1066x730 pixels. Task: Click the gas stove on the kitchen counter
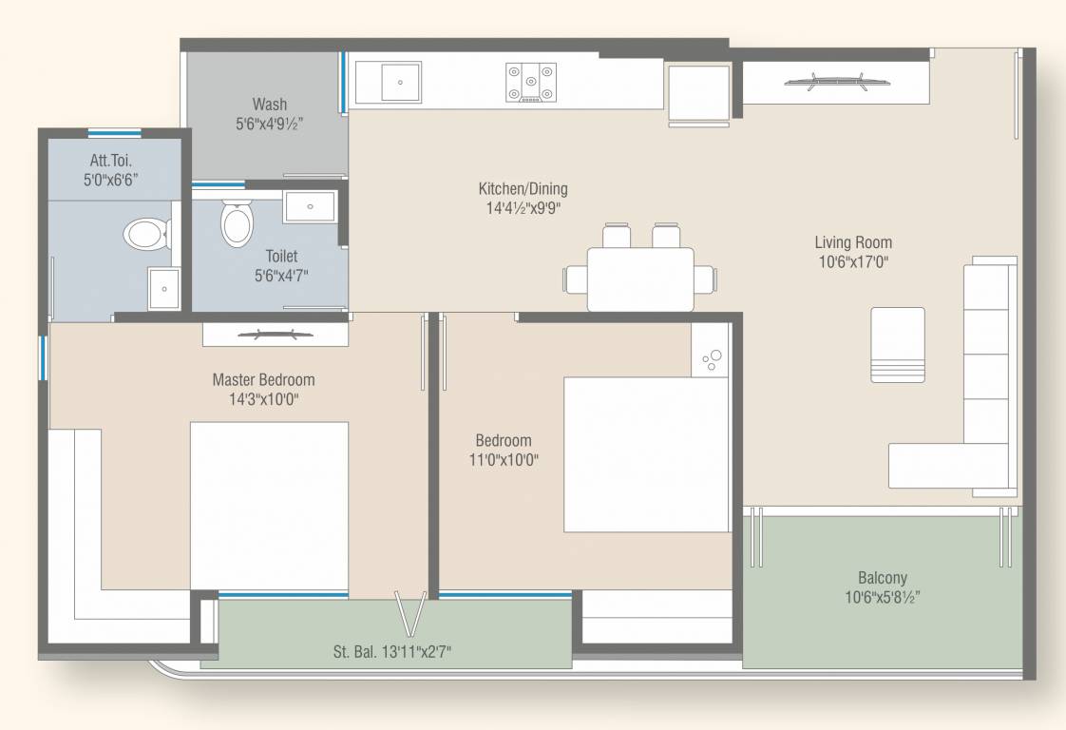(531, 83)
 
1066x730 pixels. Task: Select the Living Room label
(853, 242)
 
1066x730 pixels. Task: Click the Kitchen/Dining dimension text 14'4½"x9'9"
(523, 208)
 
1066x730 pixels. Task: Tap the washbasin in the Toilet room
(310, 207)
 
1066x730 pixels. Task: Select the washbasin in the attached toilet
(164, 288)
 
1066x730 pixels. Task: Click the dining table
(640, 279)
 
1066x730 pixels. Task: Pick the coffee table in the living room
(898, 345)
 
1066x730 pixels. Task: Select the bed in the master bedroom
(269, 507)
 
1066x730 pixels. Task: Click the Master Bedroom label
(264, 379)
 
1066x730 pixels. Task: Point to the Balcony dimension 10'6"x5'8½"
(883, 597)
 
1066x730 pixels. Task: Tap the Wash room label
(270, 105)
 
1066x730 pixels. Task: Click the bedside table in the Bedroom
(711, 351)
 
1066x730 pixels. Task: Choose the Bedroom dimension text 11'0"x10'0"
(504, 460)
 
